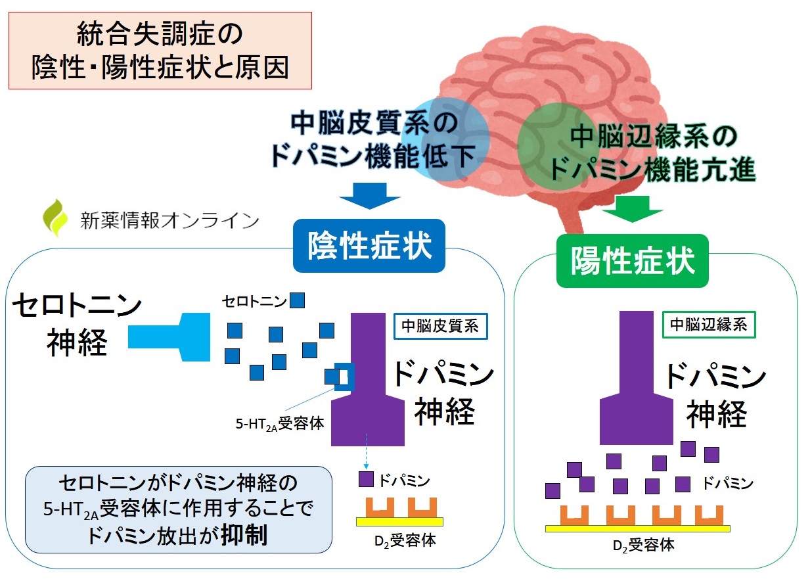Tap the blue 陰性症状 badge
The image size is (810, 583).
[x=369, y=248]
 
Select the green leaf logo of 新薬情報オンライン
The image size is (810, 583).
[x=55, y=217]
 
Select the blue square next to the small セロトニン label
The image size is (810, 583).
[x=298, y=300]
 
